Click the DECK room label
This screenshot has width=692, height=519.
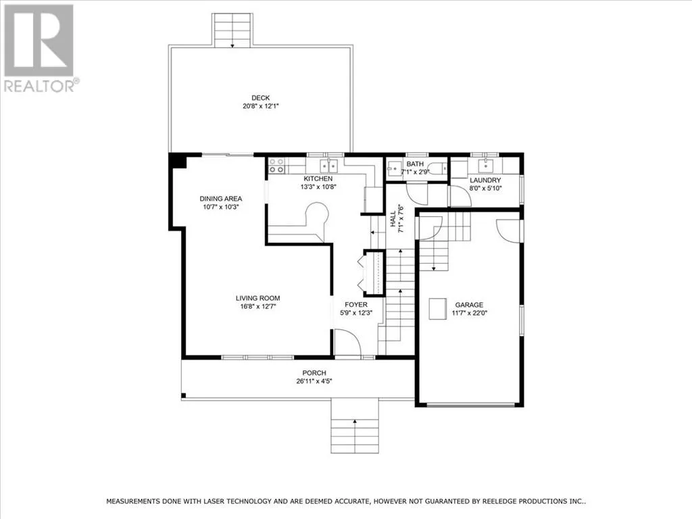[260, 98]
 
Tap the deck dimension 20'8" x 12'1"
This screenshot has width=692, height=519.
[261, 106]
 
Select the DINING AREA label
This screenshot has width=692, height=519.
[221, 199]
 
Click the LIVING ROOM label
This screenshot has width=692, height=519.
[257, 298]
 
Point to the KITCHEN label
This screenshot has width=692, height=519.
[318, 178]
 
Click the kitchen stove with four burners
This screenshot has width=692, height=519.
[276, 166]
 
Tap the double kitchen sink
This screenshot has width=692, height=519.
[329, 166]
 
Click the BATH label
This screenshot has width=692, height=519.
[415, 164]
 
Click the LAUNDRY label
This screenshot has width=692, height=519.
[485, 180]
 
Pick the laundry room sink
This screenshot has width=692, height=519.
[485, 166]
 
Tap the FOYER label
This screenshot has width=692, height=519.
[355, 305]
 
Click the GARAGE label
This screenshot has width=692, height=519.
[469, 305]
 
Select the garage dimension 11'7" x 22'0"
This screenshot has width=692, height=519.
[469, 314]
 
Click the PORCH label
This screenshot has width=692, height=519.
[314, 373]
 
